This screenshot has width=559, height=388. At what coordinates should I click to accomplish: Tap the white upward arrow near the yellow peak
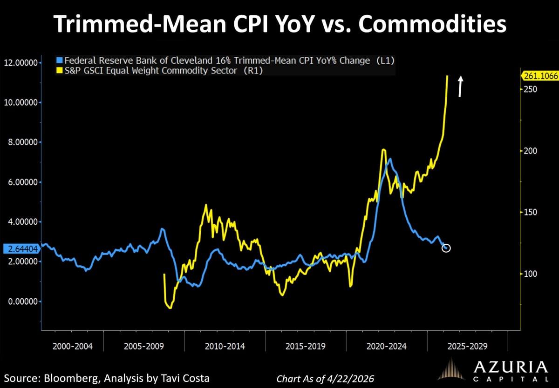click(460, 87)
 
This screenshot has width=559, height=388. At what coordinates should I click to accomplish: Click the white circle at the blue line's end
click(446, 248)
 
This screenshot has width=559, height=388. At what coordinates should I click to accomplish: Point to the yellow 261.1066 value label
click(539, 76)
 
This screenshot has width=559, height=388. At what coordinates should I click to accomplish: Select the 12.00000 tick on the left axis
click(21, 62)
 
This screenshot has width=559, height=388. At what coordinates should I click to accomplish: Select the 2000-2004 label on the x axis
click(72, 346)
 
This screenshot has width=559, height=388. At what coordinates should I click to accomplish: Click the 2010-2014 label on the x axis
click(225, 346)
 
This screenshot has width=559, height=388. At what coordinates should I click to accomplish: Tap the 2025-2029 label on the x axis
click(467, 346)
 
